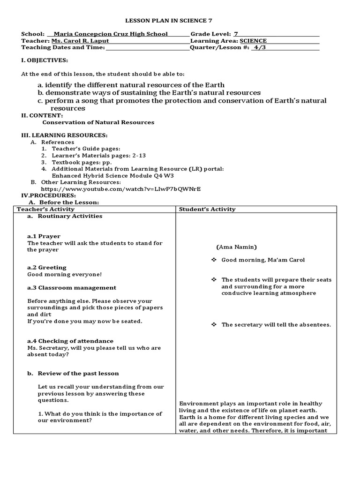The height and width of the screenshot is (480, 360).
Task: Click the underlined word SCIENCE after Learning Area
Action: (x=253, y=41)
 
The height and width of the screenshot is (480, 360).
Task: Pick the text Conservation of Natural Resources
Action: (x=98, y=122)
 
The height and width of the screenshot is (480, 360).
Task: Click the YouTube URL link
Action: (x=121, y=188)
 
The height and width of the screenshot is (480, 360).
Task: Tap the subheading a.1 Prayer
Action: (x=44, y=236)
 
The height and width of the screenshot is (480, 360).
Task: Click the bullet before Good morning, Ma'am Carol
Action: (x=213, y=260)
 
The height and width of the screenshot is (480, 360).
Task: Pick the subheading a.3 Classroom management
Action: (x=72, y=287)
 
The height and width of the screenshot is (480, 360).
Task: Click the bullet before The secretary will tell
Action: (x=213, y=324)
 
